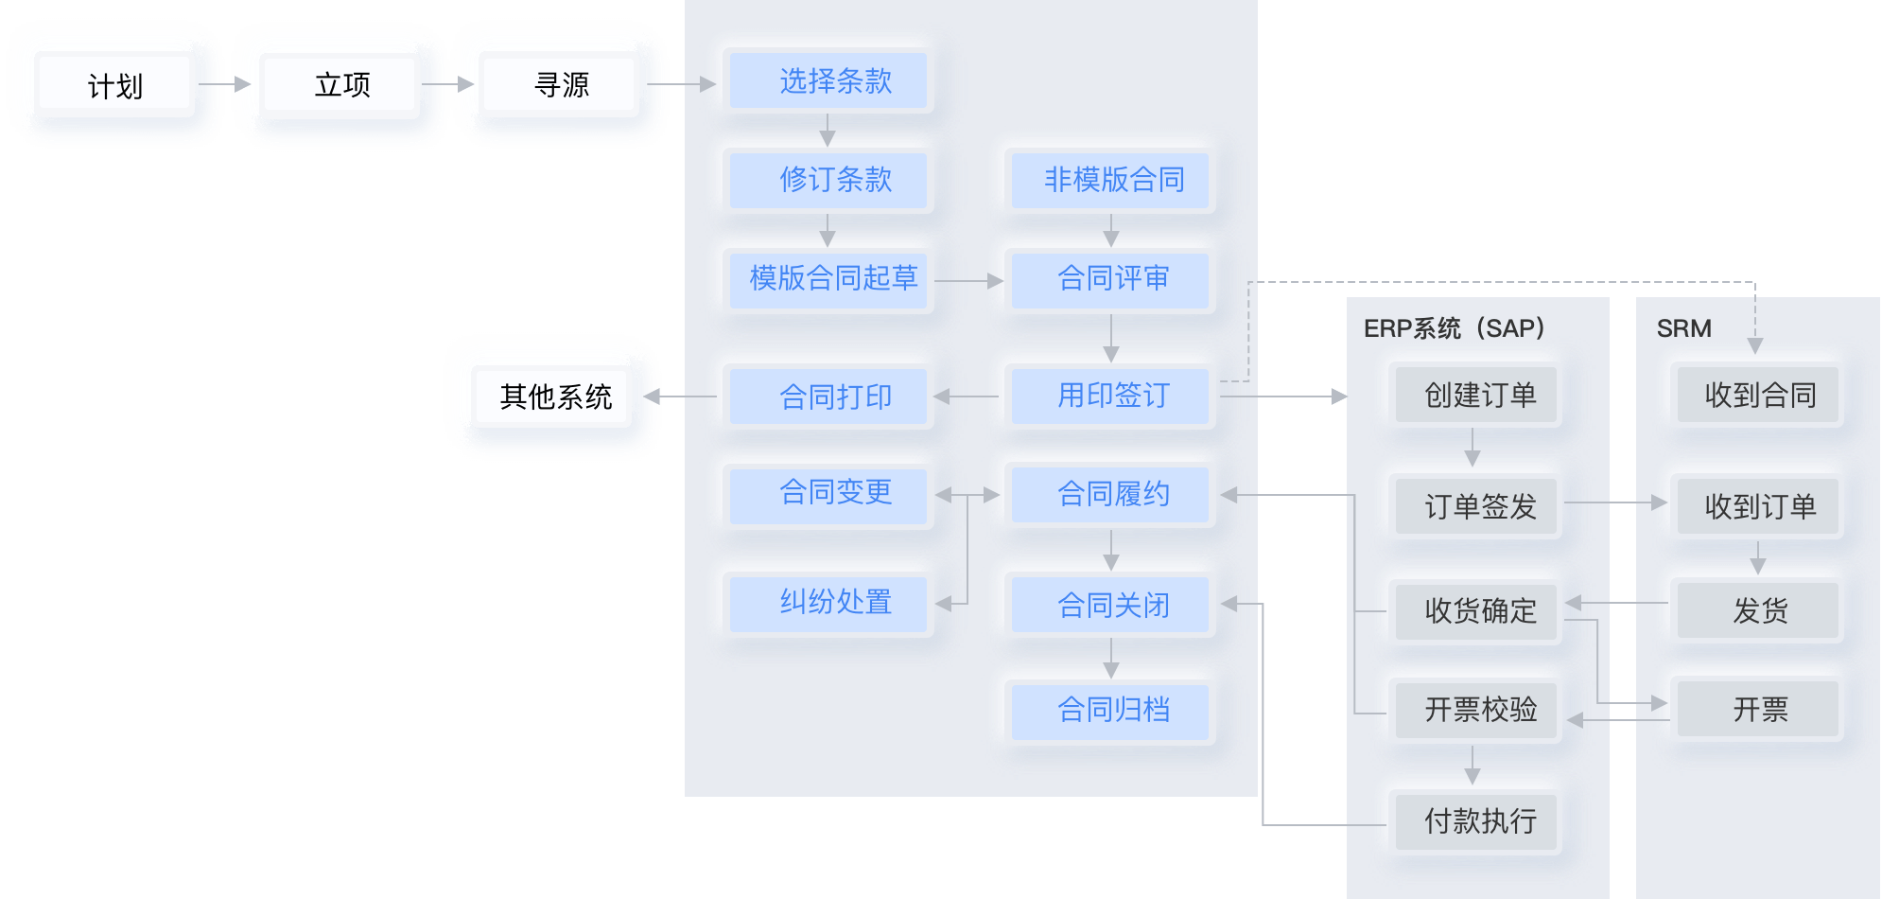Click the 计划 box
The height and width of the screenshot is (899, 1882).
pyautogui.click(x=114, y=85)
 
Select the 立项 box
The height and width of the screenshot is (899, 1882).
pyautogui.click(x=341, y=85)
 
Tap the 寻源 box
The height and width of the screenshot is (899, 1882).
pyautogui.click(x=561, y=85)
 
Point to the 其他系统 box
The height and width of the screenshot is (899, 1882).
pyautogui.click(x=555, y=397)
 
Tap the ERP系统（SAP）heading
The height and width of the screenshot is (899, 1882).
pyautogui.click(x=1454, y=328)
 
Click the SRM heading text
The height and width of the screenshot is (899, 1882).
pyautogui.click(x=1683, y=328)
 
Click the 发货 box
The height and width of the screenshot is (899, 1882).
pyautogui.click(x=1758, y=610)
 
